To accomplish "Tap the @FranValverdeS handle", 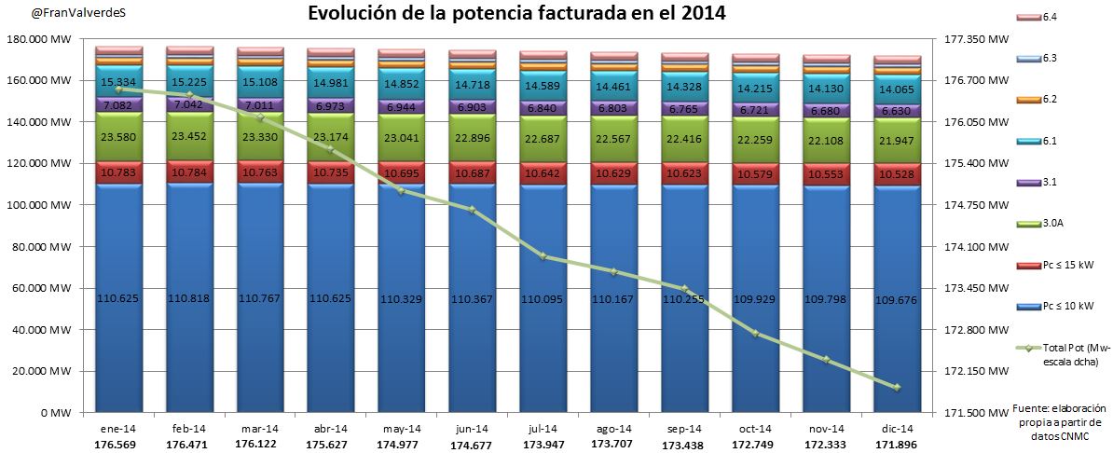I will tap(52, 14).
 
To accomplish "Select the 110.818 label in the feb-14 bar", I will tap(189, 297).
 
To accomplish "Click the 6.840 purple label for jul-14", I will tap(543, 108).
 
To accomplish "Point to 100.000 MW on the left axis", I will tap(46, 205).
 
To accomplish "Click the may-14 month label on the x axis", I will tap(402, 428).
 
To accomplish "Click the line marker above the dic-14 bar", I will tap(897, 388).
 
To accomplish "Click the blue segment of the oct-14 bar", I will tap(755, 298).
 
